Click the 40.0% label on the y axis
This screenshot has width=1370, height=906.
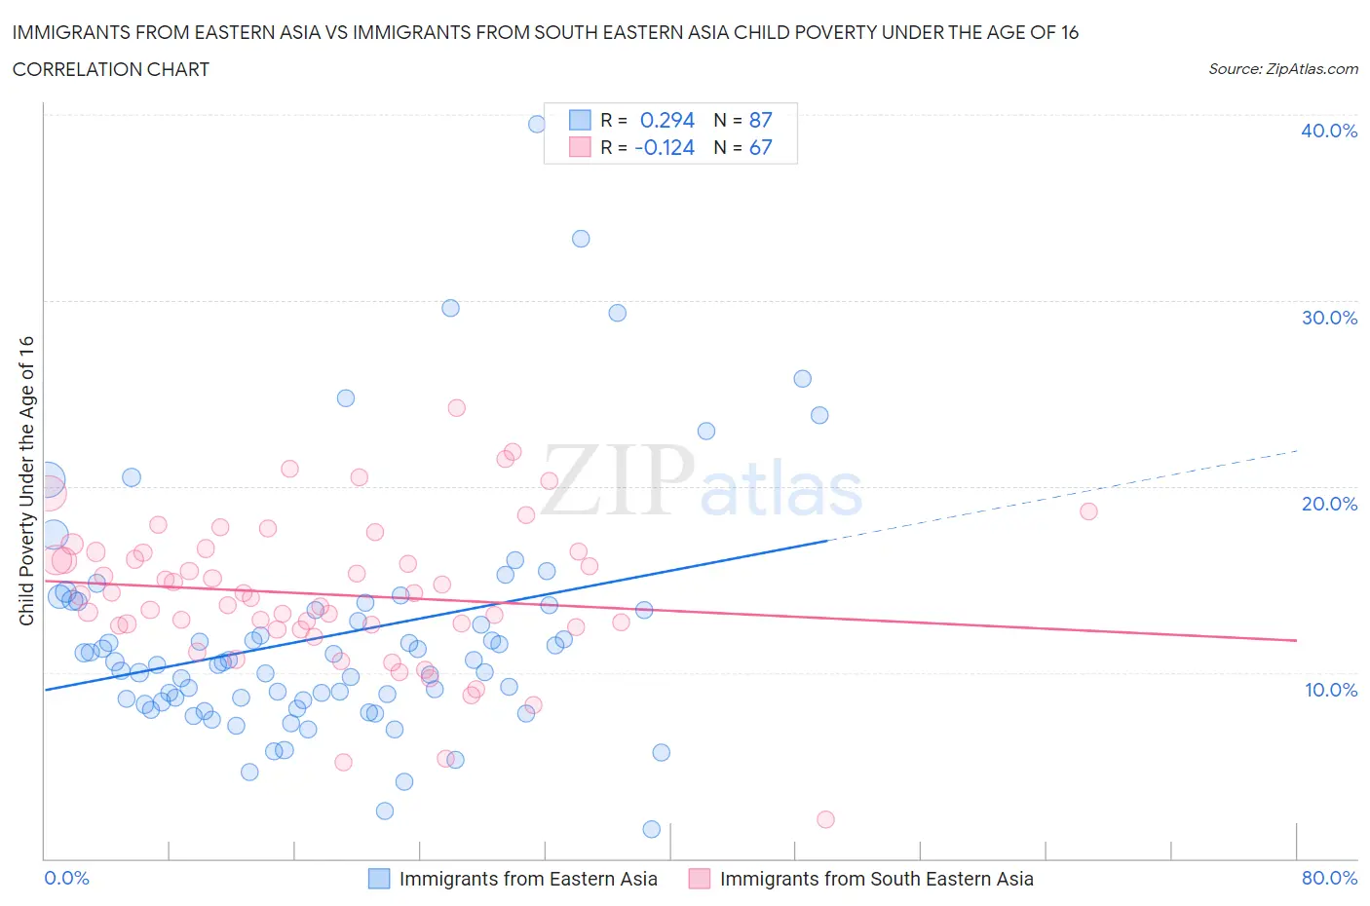(1328, 131)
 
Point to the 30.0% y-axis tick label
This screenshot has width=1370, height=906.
(1328, 318)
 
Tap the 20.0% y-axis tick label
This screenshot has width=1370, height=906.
(1328, 504)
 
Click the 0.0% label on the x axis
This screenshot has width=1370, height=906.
(67, 878)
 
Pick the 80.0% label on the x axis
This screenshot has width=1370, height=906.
(1329, 878)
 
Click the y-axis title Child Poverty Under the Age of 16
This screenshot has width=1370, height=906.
(26, 480)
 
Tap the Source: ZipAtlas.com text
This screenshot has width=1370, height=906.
(1282, 68)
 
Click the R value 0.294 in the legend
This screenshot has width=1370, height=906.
(666, 120)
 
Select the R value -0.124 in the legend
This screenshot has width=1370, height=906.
(665, 147)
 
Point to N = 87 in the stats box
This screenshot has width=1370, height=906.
(742, 120)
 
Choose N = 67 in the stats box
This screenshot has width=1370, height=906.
(742, 147)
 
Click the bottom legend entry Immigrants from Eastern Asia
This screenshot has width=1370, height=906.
(528, 879)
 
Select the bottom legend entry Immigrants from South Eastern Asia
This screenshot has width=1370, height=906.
(876, 879)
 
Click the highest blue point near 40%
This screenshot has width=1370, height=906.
(537, 124)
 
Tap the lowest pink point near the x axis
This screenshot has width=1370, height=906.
(825, 819)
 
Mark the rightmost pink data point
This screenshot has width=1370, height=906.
(1088, 511)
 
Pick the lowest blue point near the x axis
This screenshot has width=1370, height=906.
(652, 829)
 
